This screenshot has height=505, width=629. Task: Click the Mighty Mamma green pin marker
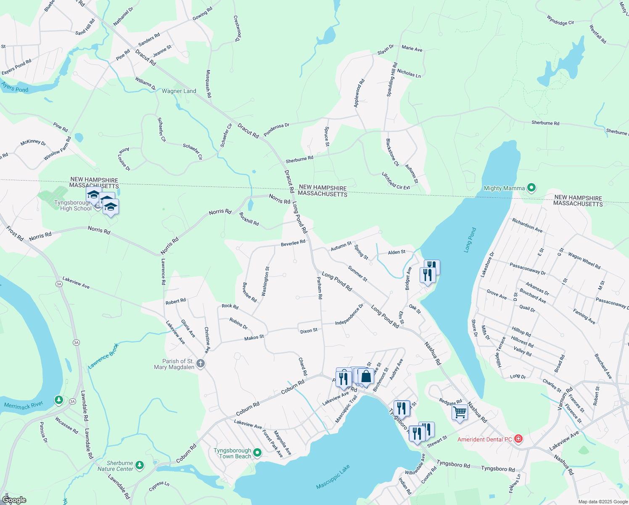pos(531,188)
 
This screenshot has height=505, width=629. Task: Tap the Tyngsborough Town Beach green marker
pos(257,453)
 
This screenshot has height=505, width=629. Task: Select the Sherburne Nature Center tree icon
pos(140,465)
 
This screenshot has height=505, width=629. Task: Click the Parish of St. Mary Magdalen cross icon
pos(201,364)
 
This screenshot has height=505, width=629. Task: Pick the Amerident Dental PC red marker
pos(518,439)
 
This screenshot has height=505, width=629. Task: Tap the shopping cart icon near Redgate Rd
pos(460,412)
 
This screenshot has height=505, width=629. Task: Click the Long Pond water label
pos(470,240)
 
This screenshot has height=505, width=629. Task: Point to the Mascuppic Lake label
pos(333,477)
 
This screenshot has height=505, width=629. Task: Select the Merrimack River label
pos(24,406)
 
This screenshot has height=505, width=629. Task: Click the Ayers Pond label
pos(14,87)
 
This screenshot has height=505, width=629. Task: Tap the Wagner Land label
pos(179,91)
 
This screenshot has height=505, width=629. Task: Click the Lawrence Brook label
pos(103,356)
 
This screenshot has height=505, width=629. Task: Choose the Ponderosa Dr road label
pos(276,130)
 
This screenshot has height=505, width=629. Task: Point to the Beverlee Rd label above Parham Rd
pos(293,243)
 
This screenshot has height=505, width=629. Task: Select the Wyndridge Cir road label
pos(560,20)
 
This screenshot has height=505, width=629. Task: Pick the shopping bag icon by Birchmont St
pos(366,375)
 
